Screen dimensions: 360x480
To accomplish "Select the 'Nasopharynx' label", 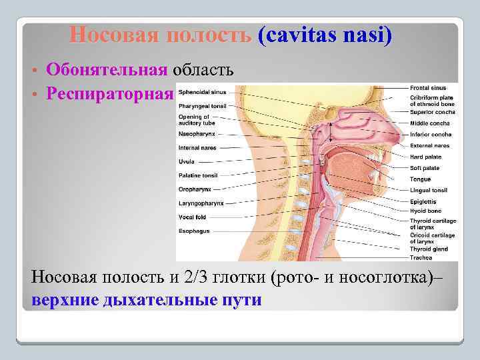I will coord(194,134).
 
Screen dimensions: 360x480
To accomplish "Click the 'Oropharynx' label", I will coord(193,189).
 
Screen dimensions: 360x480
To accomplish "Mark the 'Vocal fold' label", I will coord(191,217).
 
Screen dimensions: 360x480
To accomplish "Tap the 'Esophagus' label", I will coord(193,231).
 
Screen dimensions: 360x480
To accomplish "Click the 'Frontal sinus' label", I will coord(429,88).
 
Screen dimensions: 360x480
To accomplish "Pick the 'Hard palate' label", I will coord(426,157).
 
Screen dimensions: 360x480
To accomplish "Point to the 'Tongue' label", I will coord(421,179).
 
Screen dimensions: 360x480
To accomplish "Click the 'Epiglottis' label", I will coord(423,201).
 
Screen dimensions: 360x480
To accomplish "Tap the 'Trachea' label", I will coord(421,257).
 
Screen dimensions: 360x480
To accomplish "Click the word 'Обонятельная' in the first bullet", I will coord(107,69).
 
